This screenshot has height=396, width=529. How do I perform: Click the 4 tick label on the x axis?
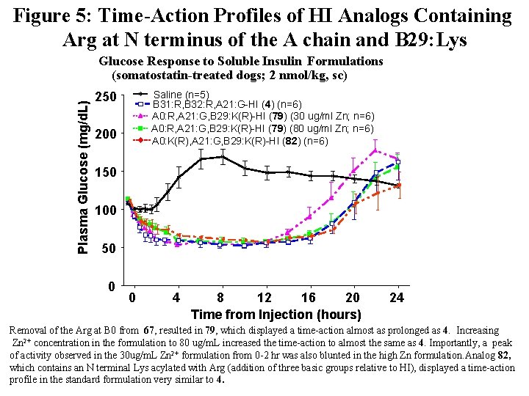pos(176,298)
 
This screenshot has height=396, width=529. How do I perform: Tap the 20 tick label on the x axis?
pos(353,298)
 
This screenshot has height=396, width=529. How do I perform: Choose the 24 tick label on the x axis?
pos(397,298)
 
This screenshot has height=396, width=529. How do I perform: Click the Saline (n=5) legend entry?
pos(181,95)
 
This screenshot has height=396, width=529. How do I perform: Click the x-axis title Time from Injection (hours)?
pos(276,315)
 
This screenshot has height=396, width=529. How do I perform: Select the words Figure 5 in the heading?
pos(60,15)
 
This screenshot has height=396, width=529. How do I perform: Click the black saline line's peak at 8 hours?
pos(222,156)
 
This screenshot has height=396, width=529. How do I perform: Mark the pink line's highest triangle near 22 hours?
pos(375,151)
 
